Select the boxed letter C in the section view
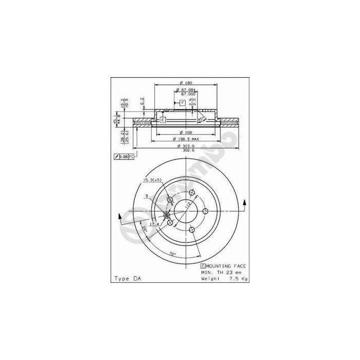point(162,120)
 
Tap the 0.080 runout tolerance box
point(123,156)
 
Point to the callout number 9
point(147,196)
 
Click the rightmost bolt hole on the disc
point(204,210)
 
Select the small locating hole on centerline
point(166,215)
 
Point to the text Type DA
point(126,278)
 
